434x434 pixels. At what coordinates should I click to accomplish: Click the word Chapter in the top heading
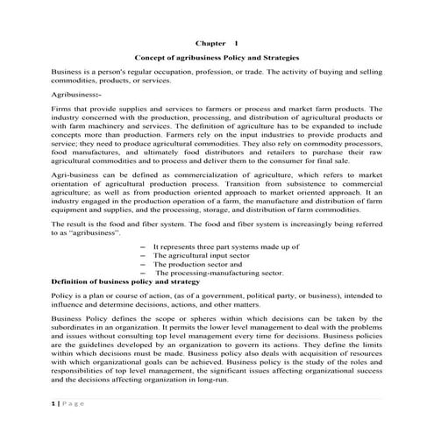coord(206,41)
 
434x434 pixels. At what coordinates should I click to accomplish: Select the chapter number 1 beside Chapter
coord(235,41)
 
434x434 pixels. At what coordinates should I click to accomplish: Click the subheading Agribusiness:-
coord(77,92)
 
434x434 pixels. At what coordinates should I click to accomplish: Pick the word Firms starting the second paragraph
coord(61,109)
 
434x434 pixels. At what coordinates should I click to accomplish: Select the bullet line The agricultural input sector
coord(202,257)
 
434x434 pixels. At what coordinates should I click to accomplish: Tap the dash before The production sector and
coord(143,266)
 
